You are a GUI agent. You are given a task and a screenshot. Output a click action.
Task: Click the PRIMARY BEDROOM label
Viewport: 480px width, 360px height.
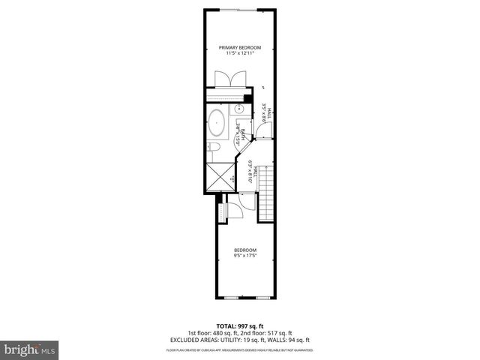[239, 47]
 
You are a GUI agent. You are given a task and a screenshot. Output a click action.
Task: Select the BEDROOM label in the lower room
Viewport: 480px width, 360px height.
[244, 250]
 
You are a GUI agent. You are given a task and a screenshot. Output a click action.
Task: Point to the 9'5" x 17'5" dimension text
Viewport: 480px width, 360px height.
[244, 256]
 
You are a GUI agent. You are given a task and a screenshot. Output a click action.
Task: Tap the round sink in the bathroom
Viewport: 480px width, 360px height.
[241, 128]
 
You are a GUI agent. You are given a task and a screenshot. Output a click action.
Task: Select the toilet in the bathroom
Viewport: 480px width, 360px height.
[214, 146]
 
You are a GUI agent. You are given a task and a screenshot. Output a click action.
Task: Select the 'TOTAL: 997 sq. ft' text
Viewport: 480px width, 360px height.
[239, 326]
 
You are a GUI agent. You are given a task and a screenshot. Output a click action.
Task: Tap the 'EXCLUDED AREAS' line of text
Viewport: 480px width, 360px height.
[239, 340]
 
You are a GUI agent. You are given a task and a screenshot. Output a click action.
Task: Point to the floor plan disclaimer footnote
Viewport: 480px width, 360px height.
[239, 350]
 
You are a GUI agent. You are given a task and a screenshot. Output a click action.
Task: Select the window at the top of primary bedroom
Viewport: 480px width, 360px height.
[241, 10]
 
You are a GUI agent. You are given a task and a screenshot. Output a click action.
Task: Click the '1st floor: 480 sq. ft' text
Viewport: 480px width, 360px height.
[213, 333]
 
